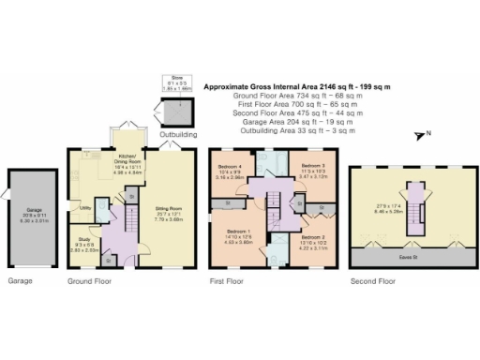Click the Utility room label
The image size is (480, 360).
tap(84, 207)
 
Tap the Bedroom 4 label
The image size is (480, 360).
tap(230, 168)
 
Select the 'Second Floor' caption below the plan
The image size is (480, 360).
tap(372, 279)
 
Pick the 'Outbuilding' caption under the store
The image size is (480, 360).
tap(176, 134)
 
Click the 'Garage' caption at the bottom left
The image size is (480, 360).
tap(21, 279)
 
